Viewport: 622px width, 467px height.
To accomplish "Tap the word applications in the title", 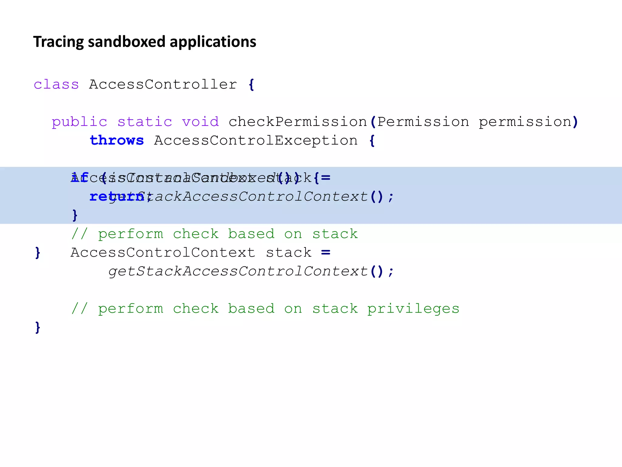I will coord(213,42).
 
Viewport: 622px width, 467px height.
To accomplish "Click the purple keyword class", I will coord(56,85).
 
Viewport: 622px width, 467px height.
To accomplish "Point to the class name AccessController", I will coord(163,85).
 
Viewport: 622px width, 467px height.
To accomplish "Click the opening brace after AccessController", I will coord(251,85).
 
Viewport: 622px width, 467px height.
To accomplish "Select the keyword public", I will coord(80,122).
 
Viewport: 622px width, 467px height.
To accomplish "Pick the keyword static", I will coord(145,122).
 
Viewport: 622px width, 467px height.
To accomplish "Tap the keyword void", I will coord(200,122).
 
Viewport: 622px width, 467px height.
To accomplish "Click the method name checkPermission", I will coord(298,122).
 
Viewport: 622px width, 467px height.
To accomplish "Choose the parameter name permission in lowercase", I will coord(525,122).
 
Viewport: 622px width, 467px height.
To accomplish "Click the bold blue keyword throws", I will coord(117,140).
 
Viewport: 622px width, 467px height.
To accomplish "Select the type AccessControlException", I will coord(256,141).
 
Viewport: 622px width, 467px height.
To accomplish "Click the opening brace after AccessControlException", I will coord(372,141).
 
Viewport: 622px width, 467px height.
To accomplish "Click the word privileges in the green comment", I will coord(413,309).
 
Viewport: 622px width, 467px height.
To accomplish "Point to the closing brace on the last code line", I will coord(38,327).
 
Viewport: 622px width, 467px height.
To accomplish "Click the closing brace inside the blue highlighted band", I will coord(75,215).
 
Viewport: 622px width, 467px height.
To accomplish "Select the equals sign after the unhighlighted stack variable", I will coord(326,252).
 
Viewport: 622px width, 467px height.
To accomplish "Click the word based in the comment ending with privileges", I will coord(251,309).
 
